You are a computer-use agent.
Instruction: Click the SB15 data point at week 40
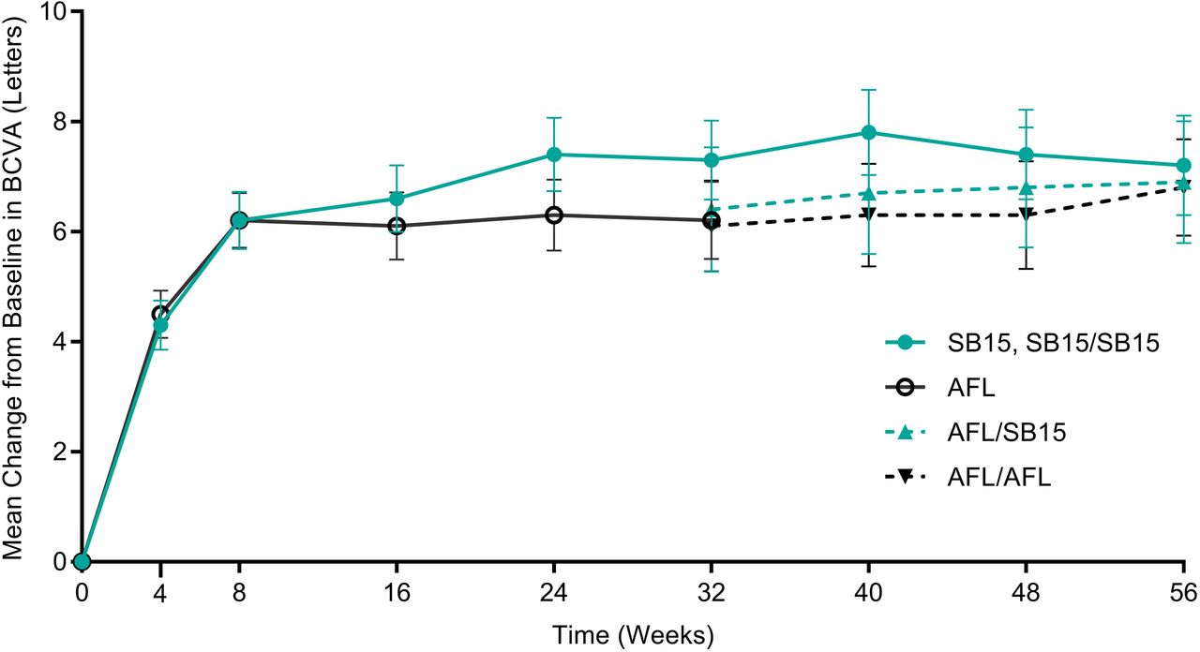869,132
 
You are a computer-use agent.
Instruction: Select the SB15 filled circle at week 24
554,155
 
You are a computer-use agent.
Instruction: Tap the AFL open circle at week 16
397,226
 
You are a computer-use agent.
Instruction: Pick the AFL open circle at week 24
554,215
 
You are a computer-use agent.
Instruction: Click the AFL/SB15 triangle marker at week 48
1027,187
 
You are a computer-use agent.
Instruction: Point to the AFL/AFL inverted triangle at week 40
869,215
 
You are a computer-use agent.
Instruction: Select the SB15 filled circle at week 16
397,199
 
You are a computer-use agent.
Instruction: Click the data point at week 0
82,561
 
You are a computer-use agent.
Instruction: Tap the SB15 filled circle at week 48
1027,155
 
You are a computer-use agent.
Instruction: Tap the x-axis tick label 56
1183,593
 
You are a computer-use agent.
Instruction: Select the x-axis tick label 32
712,593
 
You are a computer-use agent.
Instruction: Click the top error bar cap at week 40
869,90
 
